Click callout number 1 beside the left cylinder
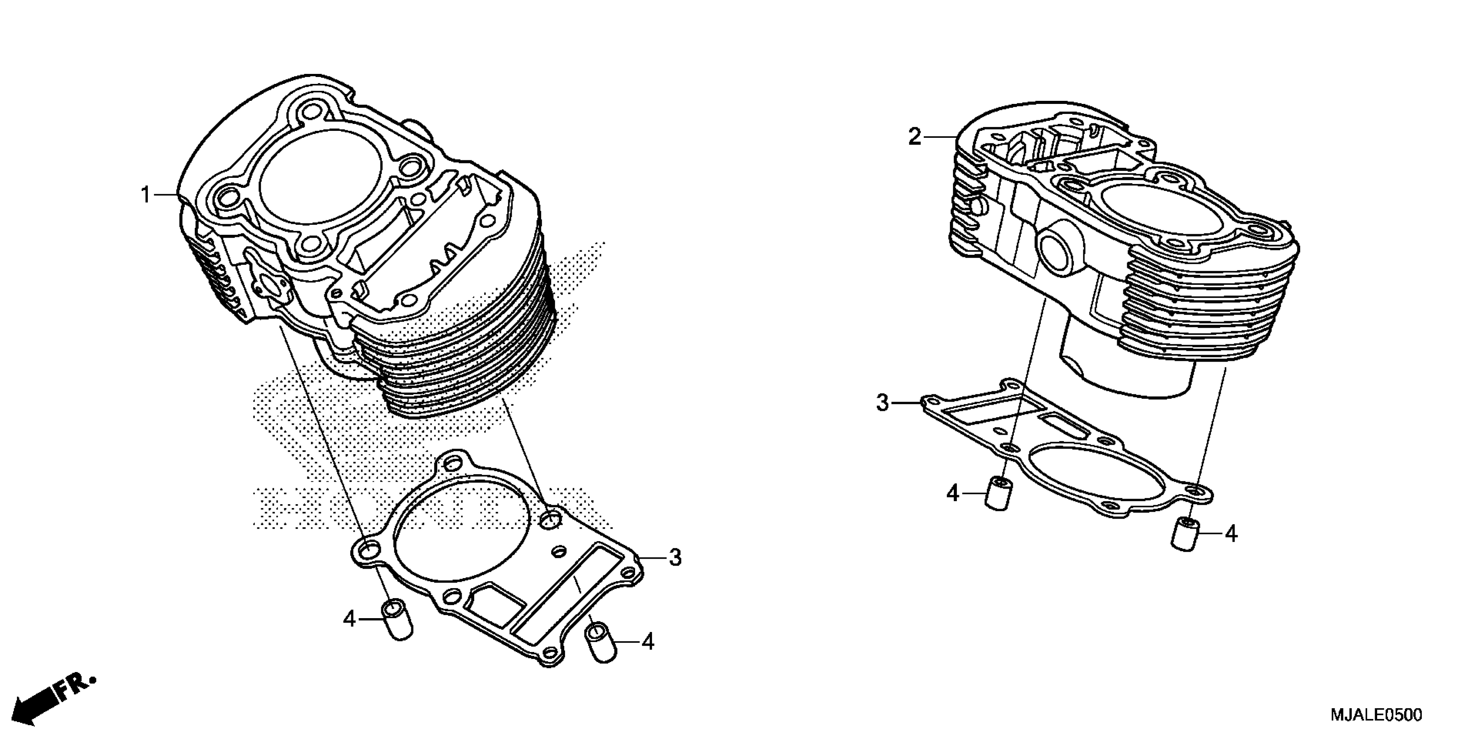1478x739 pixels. tap(146, 195)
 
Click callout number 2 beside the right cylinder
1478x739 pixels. tap(915, 137)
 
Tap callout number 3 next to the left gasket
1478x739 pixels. tap(675, 557)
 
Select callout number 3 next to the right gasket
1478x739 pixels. tap(882, 403)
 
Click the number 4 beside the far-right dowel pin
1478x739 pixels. tap(1231, 534)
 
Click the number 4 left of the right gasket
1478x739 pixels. tap(953, 493)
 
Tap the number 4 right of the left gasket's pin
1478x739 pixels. tap(648, 642)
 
